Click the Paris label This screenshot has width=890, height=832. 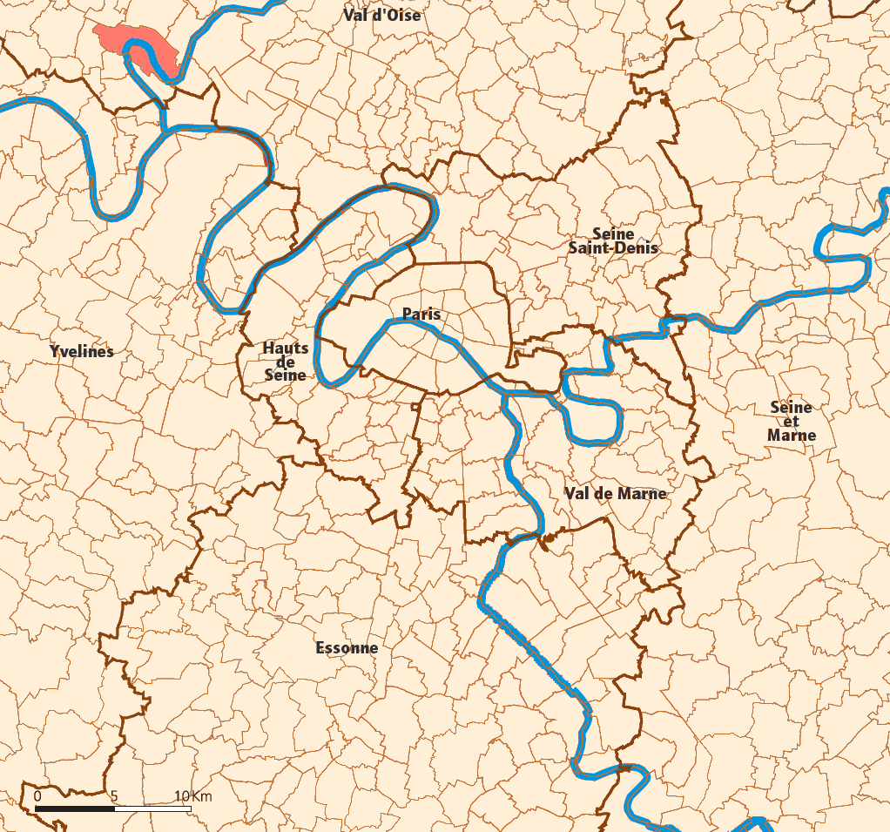tap(421, 314)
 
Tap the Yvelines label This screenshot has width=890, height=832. tap(82, 352)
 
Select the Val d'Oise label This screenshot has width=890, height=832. tap(381, 15)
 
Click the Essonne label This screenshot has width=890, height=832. tap(347, 648)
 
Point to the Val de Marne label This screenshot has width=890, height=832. tap(615, 493)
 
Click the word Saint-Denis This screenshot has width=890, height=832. tap(613, 248)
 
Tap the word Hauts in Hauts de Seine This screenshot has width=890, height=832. tap(286, 348)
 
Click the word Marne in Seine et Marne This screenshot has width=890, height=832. tap(792, 436)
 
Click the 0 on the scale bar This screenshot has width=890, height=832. tap(37, 796)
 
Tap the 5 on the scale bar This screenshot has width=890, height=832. tap(114, 796)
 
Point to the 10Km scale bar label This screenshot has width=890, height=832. tap(192, 796)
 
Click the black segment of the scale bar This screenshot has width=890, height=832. tap(75, 809)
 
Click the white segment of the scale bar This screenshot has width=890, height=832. tap(152, 809)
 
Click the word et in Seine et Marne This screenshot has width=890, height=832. tap(792, 422)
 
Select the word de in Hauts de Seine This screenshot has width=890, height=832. tap(286, 362)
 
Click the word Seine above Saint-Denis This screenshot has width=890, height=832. tap(613, 233)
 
